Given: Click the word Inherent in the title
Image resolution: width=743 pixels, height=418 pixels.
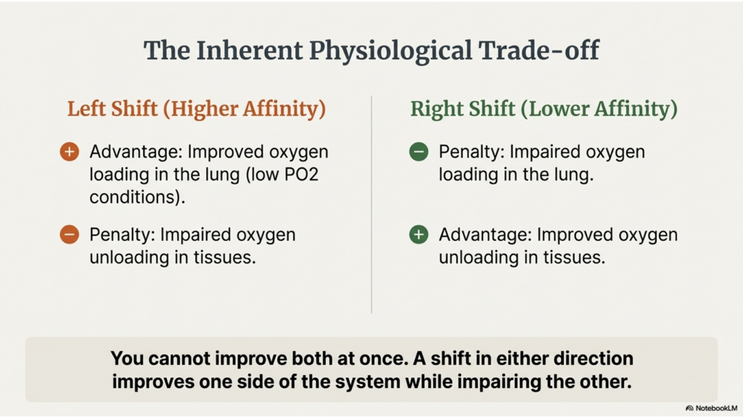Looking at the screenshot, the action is tap(250, 51).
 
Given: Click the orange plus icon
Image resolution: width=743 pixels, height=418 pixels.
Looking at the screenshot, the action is tap(69, 152).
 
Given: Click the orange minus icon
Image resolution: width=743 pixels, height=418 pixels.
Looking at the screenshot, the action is tap(69, 234).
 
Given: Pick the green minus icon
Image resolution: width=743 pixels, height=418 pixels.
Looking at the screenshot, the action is tap(419, 152).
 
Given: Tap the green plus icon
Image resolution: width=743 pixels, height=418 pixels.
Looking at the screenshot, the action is tap(419, 234).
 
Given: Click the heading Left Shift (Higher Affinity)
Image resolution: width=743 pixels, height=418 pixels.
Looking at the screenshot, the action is tap(197, 109).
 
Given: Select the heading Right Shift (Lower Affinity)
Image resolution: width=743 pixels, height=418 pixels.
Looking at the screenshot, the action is tap(544, 109).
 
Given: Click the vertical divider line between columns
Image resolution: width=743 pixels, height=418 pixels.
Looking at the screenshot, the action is tap(371, 204).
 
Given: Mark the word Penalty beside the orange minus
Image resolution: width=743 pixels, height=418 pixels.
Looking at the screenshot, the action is tap(121, 235).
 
